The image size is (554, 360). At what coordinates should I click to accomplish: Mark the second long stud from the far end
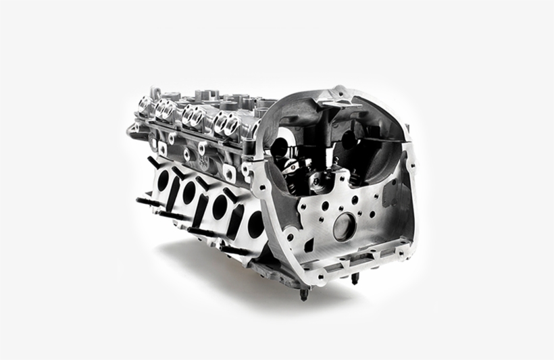pyautogui.click(x=169, y=215)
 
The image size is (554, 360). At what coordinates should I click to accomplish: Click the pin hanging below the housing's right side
pyautogui.click(x=353, y=278)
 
